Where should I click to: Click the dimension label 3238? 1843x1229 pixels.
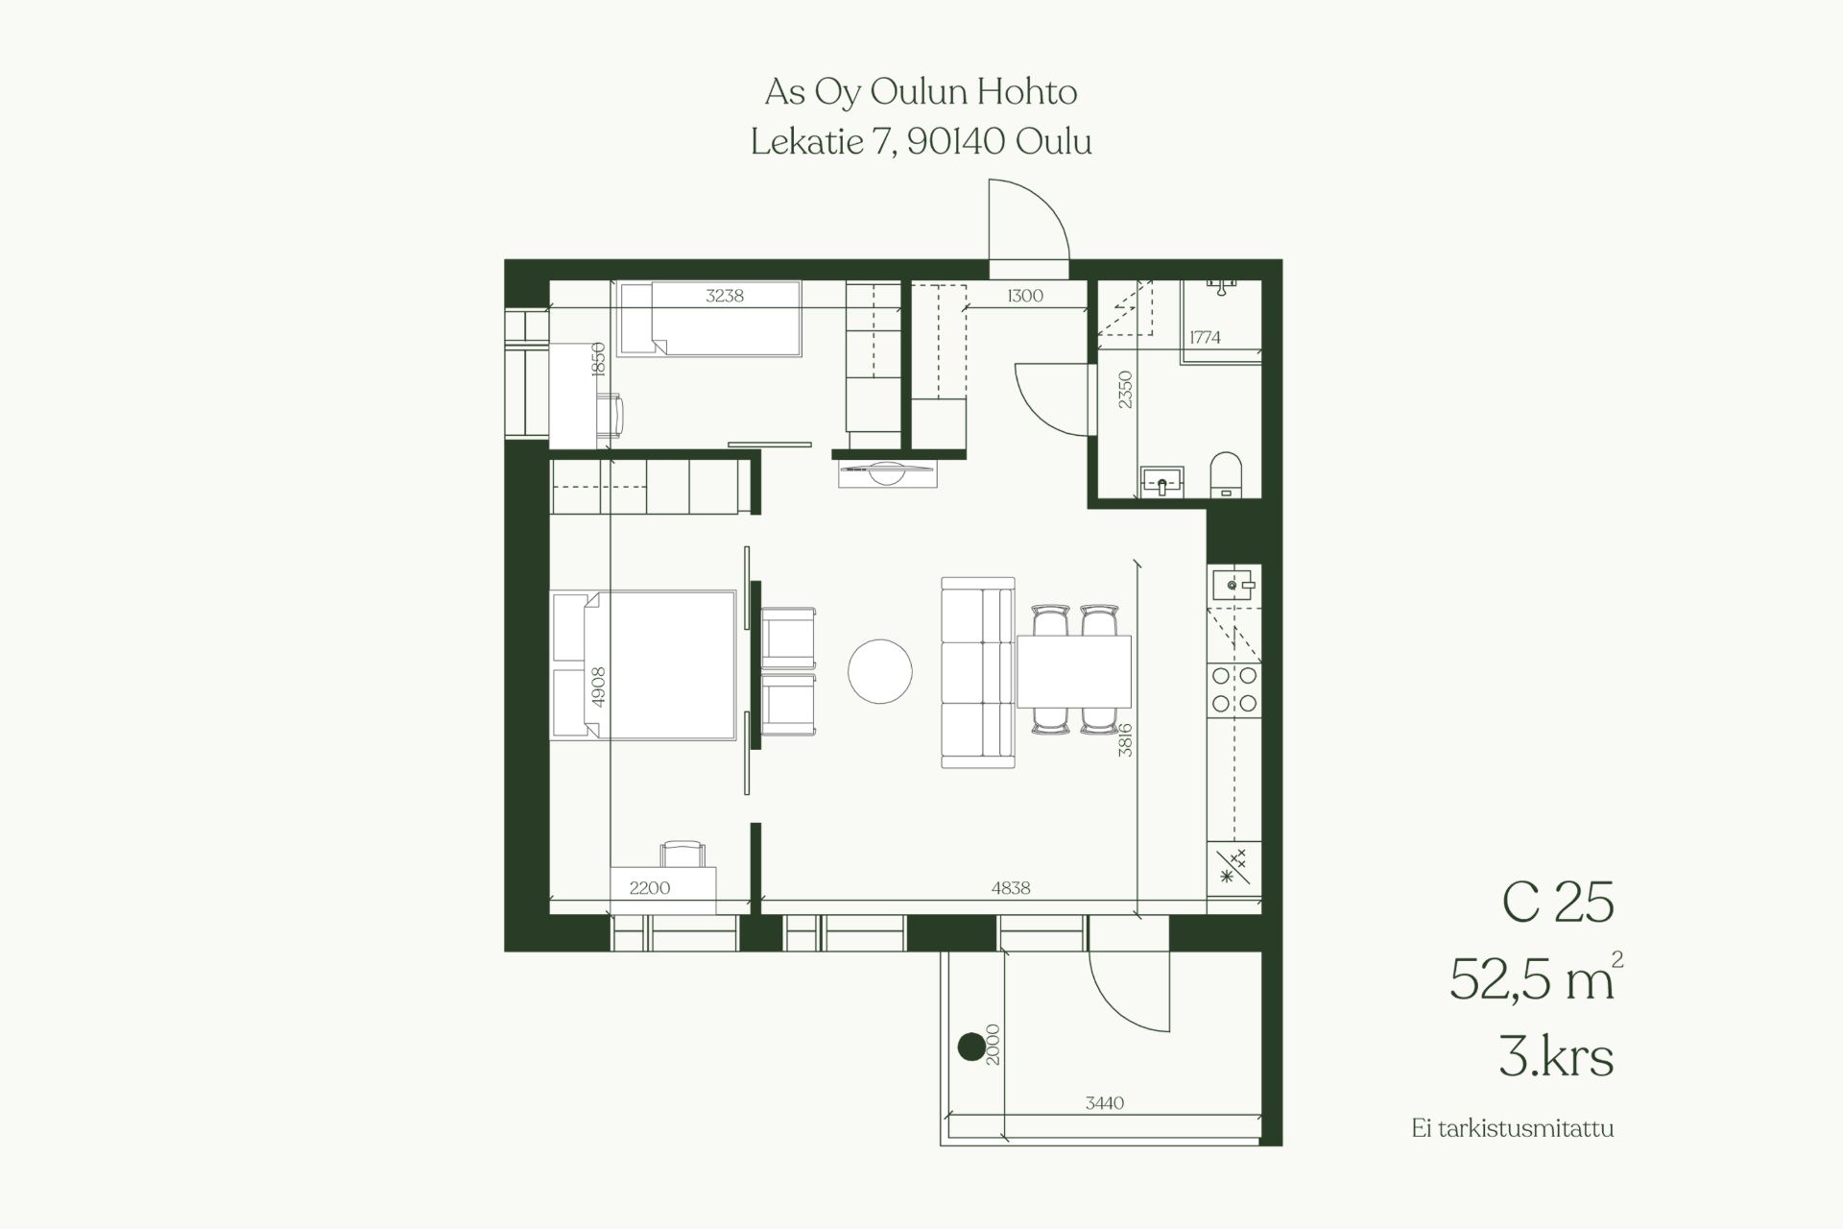coord(725,296)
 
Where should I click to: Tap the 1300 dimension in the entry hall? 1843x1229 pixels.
coord(1025,296)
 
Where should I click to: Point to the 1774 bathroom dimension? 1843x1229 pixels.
coord(1205,337)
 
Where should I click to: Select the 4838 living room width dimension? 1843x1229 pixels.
coord(1011,888)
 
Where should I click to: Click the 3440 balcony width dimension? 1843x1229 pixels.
coord(1105,1103)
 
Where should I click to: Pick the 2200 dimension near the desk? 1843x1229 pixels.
coord(650,888)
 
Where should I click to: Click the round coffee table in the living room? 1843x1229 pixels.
coord(880,671)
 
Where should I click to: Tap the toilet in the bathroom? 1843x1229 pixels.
coord(1226,474)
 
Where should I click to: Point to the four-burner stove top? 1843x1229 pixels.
coord(1234,689)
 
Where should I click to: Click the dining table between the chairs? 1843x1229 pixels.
coord(1073,671)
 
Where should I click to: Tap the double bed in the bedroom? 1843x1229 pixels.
coord(644,665)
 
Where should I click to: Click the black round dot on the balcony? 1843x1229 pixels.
coord(971,1046)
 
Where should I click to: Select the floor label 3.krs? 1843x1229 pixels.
coord(1556,1057)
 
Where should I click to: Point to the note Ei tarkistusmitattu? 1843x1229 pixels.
coord(1513,1128)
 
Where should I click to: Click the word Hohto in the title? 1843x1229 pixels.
coord(1027,92)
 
